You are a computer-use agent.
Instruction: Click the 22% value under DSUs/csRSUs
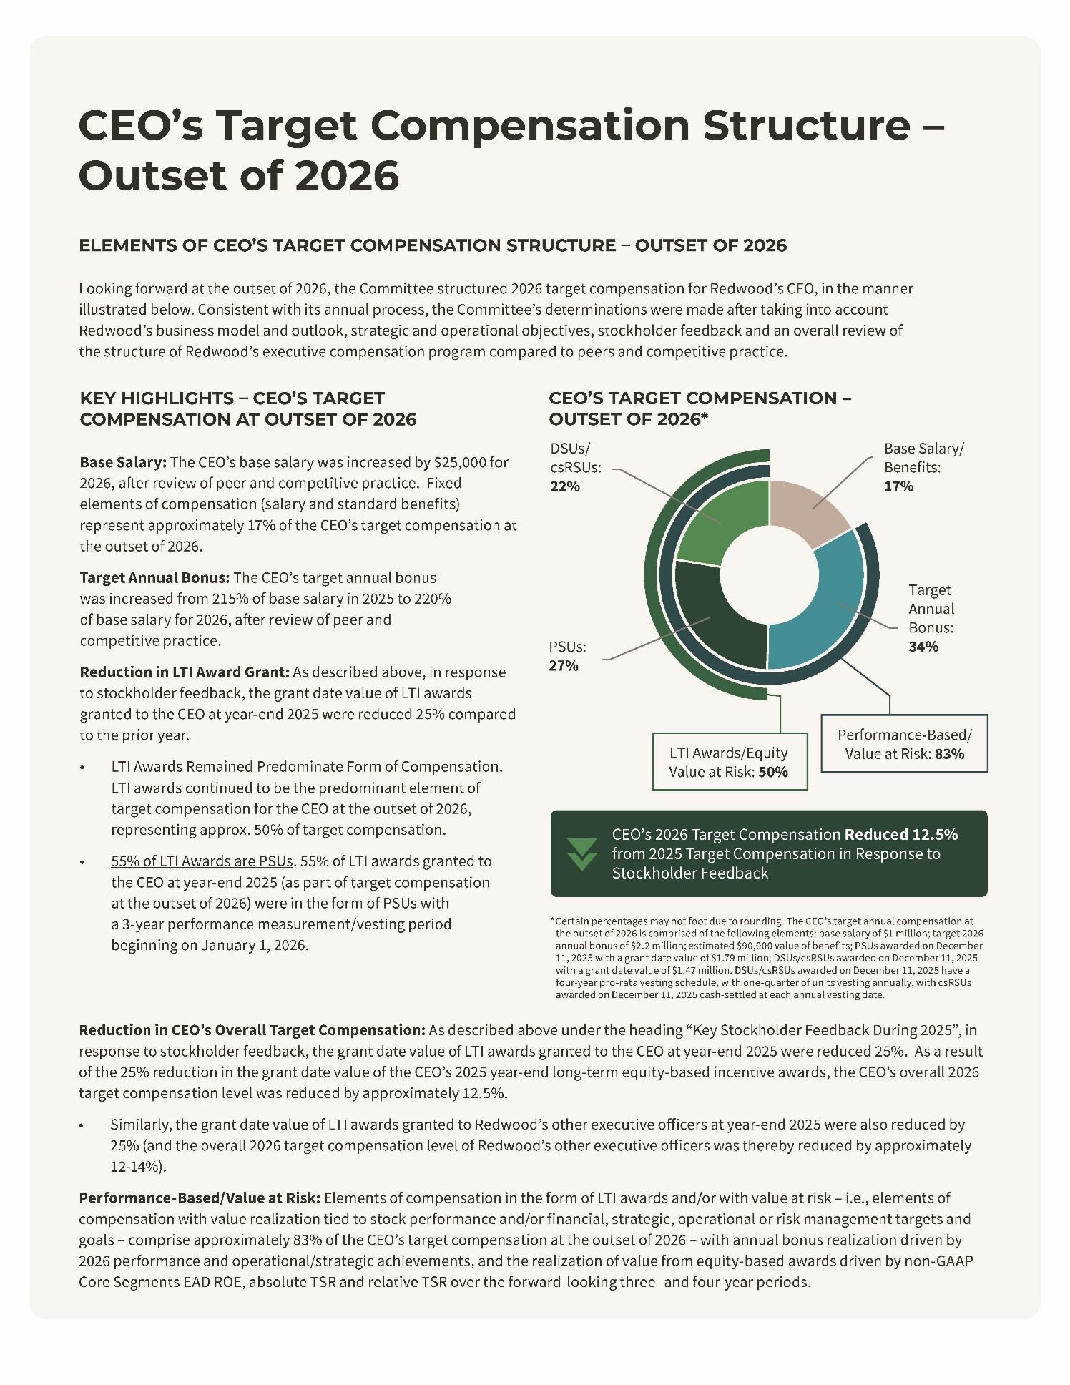[x=564, y=486]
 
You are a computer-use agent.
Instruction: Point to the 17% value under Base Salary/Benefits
[x=898, y=486]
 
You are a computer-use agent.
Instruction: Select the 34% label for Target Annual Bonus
[x=923, y=647]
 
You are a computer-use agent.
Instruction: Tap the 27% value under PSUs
[x=564, y=666]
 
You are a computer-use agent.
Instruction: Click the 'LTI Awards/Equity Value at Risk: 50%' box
[x=730, y=762]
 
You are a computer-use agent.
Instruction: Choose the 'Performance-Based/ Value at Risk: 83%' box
[x=904, y=744]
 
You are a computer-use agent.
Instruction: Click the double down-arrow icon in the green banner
[x=581, y=853]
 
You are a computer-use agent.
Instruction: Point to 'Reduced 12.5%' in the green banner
[x=900, y=835]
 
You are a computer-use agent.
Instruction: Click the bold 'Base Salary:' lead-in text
[x=123, y=462]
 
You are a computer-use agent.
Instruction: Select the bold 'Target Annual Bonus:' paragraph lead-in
[x=154, y=578]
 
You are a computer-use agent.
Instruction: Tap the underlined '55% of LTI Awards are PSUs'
[x=202, y=861]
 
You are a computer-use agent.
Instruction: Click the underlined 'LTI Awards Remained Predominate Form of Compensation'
[x=305, y=767]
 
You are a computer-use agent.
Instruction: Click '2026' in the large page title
[x=347, y=176]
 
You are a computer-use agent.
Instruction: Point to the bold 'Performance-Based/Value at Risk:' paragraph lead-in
[x=200, y=1198]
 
